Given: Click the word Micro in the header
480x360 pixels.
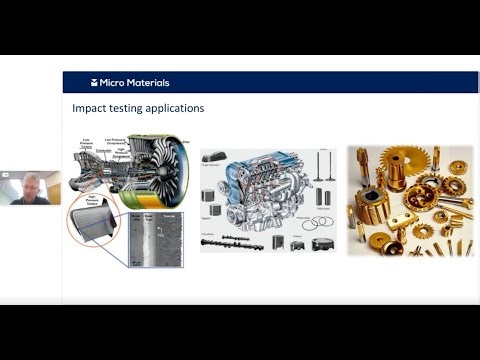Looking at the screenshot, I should (x=112, y=83).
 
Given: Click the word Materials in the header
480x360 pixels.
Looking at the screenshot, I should (x=148, y=83).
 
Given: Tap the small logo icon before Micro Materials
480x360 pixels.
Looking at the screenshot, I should (x=94, y=83).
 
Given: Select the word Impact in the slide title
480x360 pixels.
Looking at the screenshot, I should (x=90, y=108).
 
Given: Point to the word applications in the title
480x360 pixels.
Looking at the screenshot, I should (x=174, y=108).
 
